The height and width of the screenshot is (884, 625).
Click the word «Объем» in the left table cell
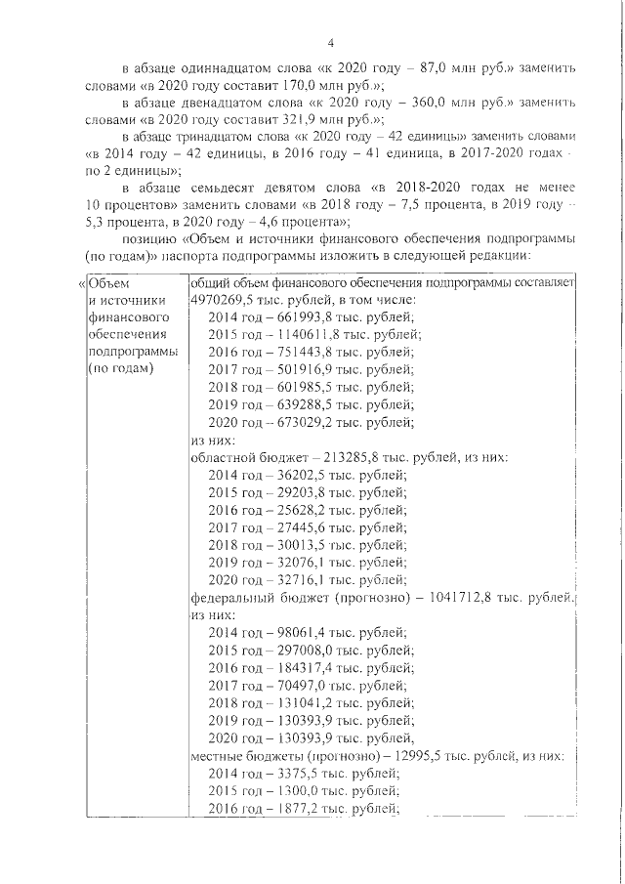pyautogui.click(x=108, y=282)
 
